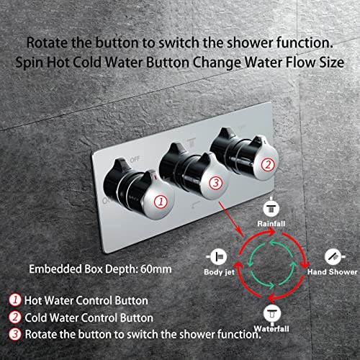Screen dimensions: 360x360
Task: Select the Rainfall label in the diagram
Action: [x=272, y=224]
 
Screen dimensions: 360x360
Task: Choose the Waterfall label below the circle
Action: [x=272, y=324]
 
